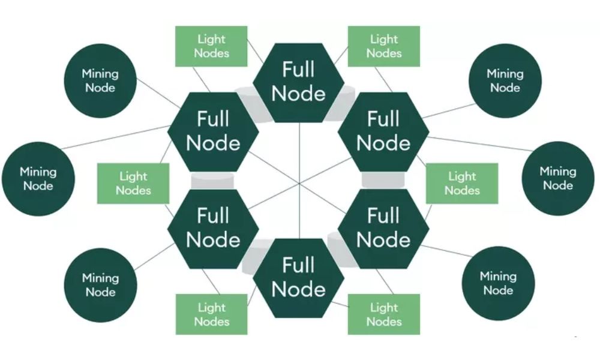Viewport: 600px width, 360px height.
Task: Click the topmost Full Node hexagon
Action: tap(298, 82)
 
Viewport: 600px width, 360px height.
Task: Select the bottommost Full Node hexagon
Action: tap(298, 277)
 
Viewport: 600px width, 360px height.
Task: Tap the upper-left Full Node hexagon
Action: tap(213, 131)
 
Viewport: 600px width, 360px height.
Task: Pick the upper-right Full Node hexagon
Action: tap(383, 131)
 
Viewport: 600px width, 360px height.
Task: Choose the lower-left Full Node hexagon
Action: tap(213, 228)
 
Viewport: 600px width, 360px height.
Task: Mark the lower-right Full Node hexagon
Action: tap(383, 228)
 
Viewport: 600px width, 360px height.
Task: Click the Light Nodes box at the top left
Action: tap(211, 46)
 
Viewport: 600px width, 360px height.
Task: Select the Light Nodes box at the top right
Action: tap(384, 46)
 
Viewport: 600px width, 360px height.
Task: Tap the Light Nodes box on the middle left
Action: tap(133, 183)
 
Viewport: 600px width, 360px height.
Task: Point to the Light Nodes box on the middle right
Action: tap(462, 183)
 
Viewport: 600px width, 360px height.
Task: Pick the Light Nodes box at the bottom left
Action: tap(211, 314)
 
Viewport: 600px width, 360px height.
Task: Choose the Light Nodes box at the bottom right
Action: tap(384, 314)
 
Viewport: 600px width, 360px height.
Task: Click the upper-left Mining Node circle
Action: tap(100, 80)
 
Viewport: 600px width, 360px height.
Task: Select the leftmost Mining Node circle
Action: tap(38, 179)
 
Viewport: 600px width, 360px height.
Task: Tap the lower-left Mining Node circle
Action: tap(100, 284)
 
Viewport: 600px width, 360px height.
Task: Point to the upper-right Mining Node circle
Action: tap(505, 80)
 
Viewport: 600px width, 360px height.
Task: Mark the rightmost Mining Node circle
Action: tap(558, 179)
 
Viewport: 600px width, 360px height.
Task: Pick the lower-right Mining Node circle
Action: tap(498, 283)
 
